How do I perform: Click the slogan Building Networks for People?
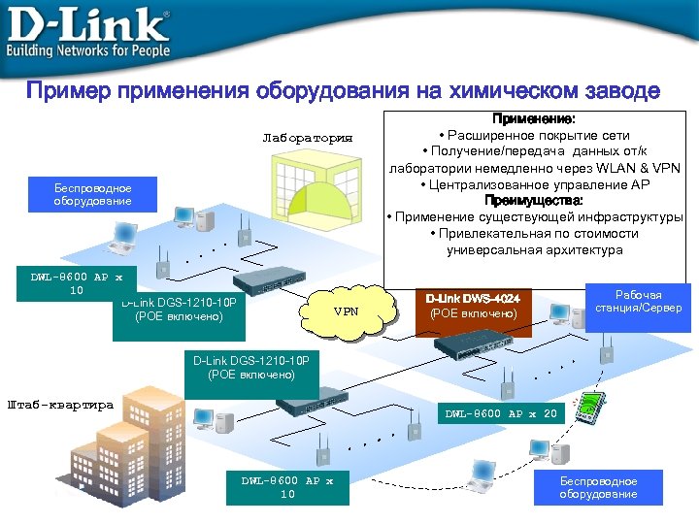pos(88,49)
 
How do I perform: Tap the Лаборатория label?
pos(307,137)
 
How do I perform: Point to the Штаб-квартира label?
pos(60,405)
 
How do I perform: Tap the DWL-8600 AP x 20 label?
pos(501,413)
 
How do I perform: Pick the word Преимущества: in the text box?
pos(534,201)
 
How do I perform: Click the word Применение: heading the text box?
pos(534,118)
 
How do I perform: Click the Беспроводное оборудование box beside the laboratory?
pos(93,194)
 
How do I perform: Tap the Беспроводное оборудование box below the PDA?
pos(598,487)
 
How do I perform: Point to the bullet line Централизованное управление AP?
pos(534,184)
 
